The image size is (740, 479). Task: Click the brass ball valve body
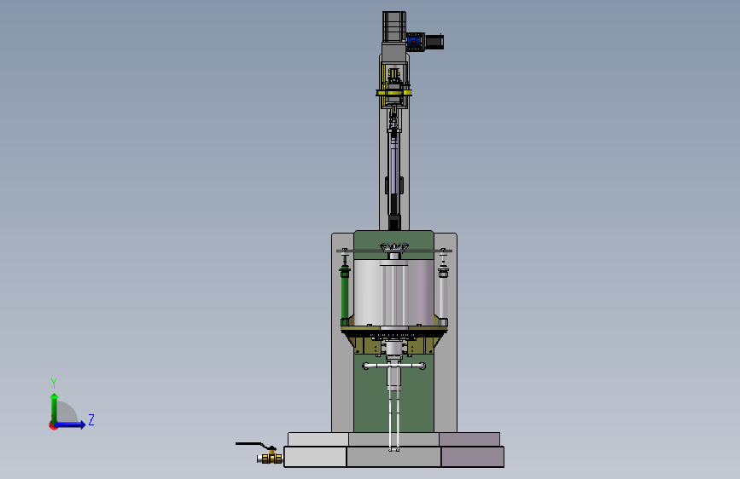click(270, 458)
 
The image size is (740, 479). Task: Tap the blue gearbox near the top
click(415, 42)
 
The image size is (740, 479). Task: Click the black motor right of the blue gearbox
click(434, 42)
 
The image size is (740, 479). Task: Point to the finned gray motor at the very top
click(394, 27)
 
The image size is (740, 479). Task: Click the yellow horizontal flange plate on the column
click(393, 92)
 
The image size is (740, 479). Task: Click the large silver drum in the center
click(393, 292)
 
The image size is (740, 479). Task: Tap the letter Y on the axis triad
click(54, 384)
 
